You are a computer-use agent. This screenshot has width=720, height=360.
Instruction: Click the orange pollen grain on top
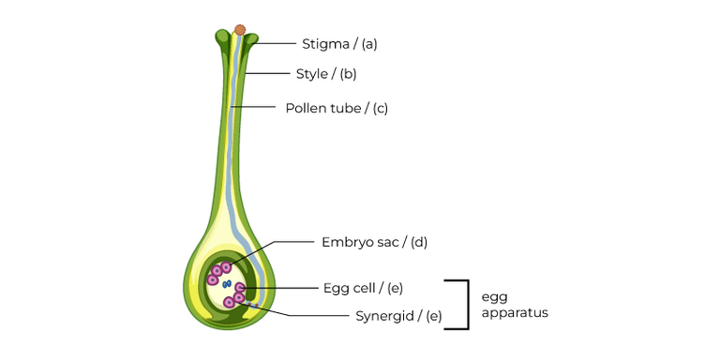tap(240, 30)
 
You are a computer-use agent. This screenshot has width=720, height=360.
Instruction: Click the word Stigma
tap(322, 43)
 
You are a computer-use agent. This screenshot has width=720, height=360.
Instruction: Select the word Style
tap(311, 73)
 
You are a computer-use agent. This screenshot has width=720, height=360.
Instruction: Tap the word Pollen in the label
tap(306, 108)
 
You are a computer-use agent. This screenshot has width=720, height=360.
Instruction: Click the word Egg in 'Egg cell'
tap(334, 287)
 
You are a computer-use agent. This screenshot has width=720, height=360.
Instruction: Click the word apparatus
tap(514, 313)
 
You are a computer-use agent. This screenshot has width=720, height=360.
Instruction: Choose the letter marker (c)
tap(380, 108)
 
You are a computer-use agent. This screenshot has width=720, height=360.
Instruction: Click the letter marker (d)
tap(417, 242)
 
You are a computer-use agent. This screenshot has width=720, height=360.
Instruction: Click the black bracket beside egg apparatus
tap(466, 304)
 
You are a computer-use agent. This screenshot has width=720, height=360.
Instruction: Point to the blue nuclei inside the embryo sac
tap(226, 282)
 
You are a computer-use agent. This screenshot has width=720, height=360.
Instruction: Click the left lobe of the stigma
tap(222, 38)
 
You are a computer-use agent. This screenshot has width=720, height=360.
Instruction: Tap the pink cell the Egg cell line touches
tap(241, 287)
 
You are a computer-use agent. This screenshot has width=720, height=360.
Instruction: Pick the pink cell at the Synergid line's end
tap(239, 298)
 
